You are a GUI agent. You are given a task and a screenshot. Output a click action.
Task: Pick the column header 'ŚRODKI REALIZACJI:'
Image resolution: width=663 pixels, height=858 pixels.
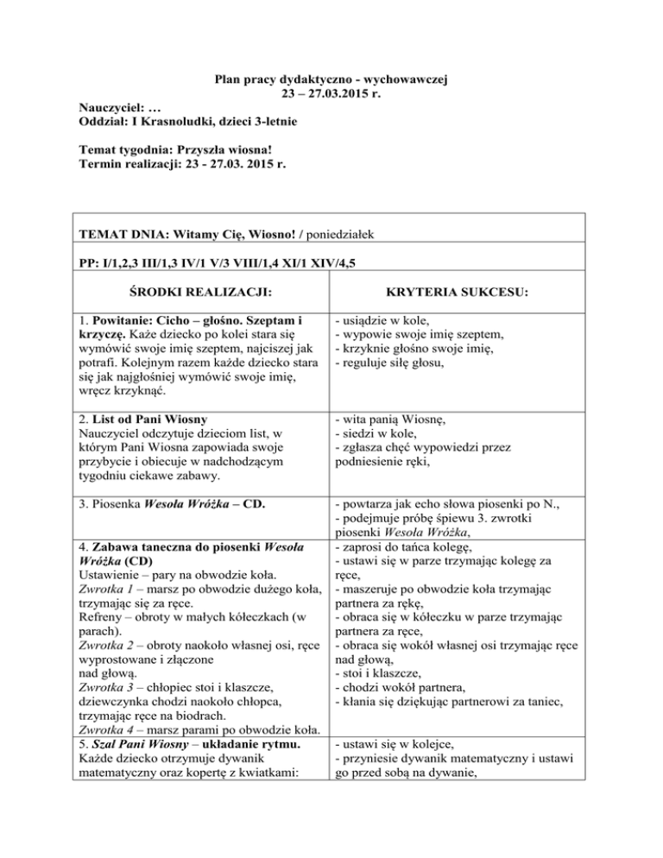click(x=193, y=296)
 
